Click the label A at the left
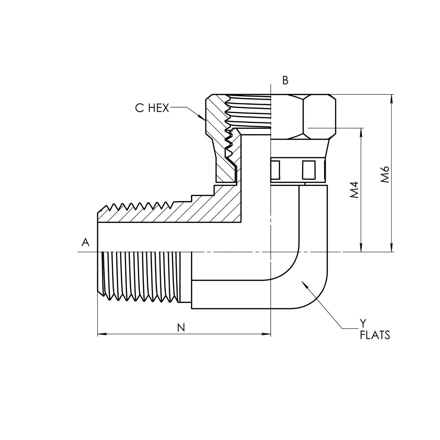[x=86, y=242]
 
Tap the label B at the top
[x=285, y=80]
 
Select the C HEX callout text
[x=152, y=108]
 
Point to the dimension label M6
[x=385, y=174]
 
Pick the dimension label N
[x=181, y=327]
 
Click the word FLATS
[x=375, y=335]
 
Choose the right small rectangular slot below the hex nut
[x=308, y=170]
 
